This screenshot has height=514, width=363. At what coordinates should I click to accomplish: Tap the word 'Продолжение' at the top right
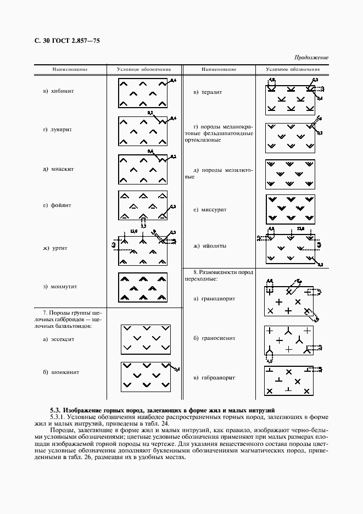click(x=311, y=57)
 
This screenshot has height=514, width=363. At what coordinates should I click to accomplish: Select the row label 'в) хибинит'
click(x=58, y=91)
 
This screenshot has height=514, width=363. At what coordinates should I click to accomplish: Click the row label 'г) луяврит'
click(x=58, y=130)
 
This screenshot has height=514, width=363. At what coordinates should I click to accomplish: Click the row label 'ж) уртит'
click(x=55, y=248)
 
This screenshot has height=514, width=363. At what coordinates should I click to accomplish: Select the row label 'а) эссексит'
click(x=58, y=339)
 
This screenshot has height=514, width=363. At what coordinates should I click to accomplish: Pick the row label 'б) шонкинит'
click(x=60, y=372)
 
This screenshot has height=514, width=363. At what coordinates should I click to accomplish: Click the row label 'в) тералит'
click(x=208, y=92)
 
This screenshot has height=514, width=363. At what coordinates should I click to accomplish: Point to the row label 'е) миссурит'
click(x=210, y=210)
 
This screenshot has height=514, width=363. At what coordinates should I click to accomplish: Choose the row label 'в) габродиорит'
click(x=214, y=378)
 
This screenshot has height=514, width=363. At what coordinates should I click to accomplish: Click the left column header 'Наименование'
click(x=70, y=70)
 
